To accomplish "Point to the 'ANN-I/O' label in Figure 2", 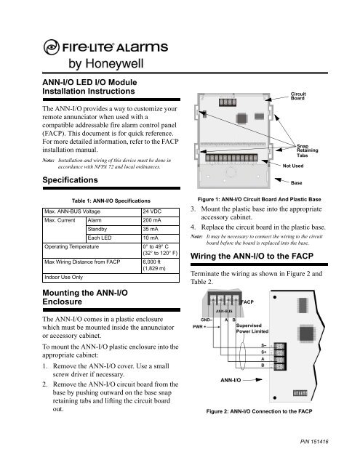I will (x=237, y=399).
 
